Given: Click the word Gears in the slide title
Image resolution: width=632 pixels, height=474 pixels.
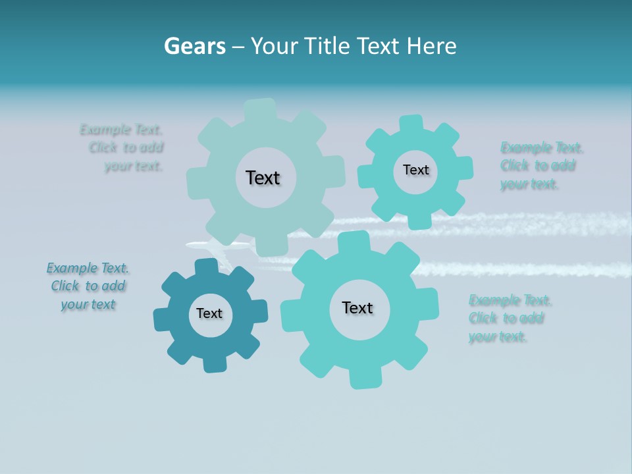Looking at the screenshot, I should click(194, 46).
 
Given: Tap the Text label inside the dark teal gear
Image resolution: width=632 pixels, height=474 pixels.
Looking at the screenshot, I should click(209, 314).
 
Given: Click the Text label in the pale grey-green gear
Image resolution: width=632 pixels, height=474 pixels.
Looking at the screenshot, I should click(263, 178).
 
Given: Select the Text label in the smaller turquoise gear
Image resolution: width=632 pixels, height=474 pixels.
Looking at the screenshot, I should click(415, 170).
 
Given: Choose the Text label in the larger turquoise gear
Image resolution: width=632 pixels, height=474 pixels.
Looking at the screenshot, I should click(357, 307).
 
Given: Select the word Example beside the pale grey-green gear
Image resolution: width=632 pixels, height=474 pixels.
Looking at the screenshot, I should click(105, 130).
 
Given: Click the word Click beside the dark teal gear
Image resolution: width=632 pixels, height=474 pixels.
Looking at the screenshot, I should click(65, 286).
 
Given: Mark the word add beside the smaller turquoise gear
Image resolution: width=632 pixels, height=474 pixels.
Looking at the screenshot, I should click(563, 165).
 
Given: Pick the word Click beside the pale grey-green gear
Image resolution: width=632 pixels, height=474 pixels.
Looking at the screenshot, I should click(103, 147).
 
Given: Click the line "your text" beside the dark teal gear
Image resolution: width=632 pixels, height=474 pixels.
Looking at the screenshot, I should click(88, 304).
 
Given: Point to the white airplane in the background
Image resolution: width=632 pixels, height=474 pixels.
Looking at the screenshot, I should click(218, 246).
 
